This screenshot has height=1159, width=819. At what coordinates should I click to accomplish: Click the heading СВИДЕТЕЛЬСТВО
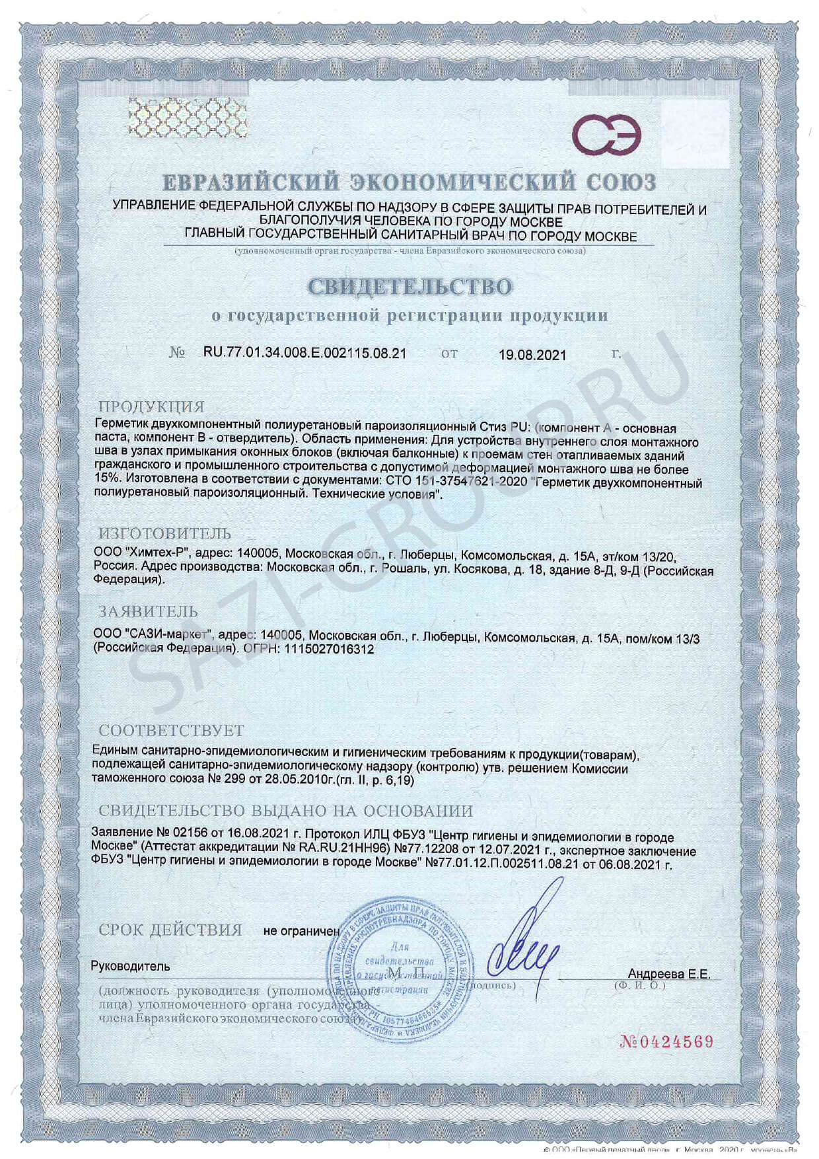[409, 287]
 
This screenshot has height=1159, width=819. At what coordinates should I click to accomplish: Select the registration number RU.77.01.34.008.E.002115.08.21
[304, 353]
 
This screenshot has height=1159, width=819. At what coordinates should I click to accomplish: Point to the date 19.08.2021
[532, 355]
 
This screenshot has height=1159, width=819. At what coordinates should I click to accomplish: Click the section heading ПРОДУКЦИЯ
[151, 406]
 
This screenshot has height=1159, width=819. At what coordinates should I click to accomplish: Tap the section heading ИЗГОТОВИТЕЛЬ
[165, 533]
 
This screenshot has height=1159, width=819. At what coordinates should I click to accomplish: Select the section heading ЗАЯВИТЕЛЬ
[148, 611]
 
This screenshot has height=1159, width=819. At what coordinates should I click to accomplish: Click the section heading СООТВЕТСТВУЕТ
[171, 730]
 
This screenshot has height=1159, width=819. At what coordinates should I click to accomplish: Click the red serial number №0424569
[666, 1042]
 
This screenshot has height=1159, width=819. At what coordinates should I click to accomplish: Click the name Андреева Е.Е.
[669, 974]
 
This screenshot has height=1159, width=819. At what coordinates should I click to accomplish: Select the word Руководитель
[130, 966]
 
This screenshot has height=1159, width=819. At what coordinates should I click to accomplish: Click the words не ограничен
[301, 931]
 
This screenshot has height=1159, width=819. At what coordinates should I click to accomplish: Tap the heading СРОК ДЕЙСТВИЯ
[170, 930]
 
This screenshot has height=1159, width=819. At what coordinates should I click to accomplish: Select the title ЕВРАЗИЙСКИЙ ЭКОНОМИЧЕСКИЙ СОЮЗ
[409, 182]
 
